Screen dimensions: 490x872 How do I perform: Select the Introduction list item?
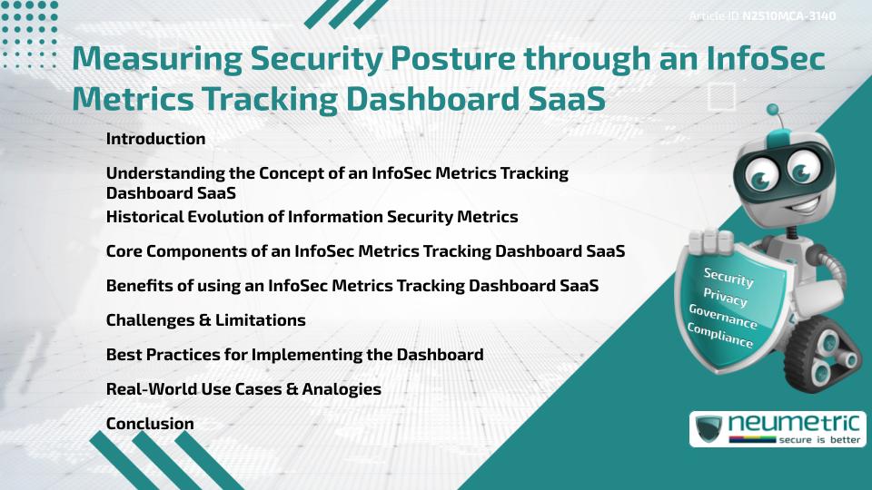coord(155,139)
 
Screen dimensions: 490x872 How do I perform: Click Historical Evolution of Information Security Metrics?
coord(312,217)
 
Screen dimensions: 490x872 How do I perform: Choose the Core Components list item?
coord(365,251)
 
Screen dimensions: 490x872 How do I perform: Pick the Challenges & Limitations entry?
coord(205,320)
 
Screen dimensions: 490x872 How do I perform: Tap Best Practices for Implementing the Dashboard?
coord(294,355)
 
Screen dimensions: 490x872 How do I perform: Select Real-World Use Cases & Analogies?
coord(243,389)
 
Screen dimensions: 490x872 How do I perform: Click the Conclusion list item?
coord(150,424)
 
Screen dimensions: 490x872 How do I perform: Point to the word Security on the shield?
coord(728,278)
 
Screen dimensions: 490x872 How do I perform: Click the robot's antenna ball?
coord(774,111)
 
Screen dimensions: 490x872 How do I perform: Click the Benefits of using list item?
coord(352,286)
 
